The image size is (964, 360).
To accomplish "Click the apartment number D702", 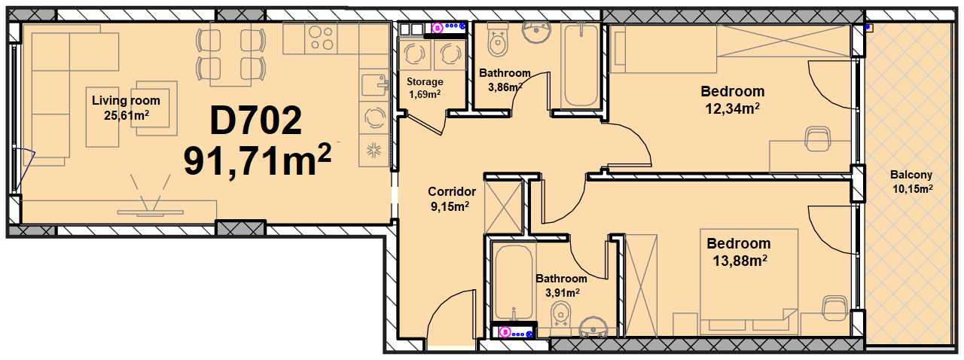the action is (256, 121).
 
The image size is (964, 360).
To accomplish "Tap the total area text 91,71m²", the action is (258, 160).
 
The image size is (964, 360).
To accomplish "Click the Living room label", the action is (126, 101).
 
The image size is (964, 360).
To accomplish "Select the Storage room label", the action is (425, 82).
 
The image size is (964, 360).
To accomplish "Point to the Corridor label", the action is (451, 191).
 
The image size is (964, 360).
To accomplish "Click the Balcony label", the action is (911, 175).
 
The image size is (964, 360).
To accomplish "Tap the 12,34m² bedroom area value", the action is (732, 109).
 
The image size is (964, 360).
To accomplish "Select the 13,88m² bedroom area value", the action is (740, 261).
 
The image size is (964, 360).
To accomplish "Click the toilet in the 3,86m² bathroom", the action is (498, 40).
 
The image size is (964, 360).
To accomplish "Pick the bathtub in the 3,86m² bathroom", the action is (581, 65).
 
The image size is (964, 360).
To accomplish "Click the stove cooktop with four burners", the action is (322, 38).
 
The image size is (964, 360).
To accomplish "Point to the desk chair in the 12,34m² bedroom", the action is (818, 139).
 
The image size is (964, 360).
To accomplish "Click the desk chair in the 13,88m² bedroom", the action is (835, 308).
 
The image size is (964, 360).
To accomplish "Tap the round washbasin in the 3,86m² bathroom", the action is (536, 32).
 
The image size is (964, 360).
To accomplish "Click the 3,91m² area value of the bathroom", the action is (562, 293).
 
